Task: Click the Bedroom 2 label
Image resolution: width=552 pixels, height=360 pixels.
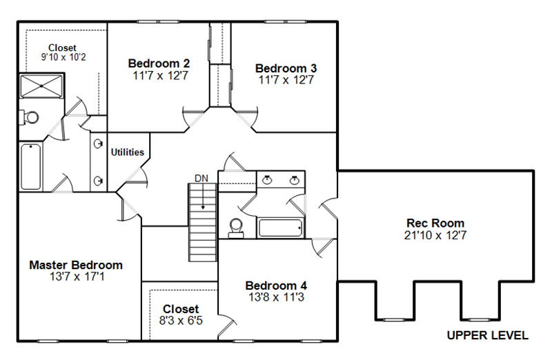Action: pyautogui.click(x=159, y=63)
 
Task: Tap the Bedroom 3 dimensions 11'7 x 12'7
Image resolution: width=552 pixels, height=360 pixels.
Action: pyautogui.click(x=286, y=80)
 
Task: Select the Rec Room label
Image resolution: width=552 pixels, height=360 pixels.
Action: pyautogui.click(x=435, y=223)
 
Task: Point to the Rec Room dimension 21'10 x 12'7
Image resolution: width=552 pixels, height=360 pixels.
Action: pyautogui.click(x=435, y=235)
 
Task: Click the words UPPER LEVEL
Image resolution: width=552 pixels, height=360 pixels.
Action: pyautogui.click(x=488, y=335)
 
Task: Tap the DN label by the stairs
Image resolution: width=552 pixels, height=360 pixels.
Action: pyautogui.click(x=201, y=179)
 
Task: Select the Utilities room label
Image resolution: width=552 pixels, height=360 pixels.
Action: pyautogui.click(x=128, y=152)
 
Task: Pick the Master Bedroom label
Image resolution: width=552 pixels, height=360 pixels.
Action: pyautogui.click(x=76, y=265)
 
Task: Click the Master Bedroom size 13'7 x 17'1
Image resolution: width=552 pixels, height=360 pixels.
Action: pyautogui.click(x=77, y=277)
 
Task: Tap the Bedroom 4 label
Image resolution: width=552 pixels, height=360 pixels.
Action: pyautogui.click(x=276, y=286)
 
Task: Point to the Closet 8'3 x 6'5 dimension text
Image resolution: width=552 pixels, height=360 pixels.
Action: pyautogui.click(x=181, y=321)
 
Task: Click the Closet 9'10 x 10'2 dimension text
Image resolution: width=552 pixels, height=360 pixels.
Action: pyautogui.click(x=63, y=57)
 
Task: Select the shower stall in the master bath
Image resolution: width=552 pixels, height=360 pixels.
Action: pyautogui.click(x=41, y=86)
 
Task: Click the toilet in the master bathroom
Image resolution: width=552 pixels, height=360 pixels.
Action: pyautogui.click(x=29, y=117)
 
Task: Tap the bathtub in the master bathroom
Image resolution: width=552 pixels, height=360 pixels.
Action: pyautogui.click(x=30, y=166)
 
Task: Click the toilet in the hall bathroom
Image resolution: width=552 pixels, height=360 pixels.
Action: pyautogui.click(x=236, y=228)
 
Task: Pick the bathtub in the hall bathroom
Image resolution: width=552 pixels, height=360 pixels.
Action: pyautogui.click(x=280, y=228)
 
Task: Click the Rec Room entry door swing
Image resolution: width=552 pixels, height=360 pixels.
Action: pyautogui.click(x=328, y=208)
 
